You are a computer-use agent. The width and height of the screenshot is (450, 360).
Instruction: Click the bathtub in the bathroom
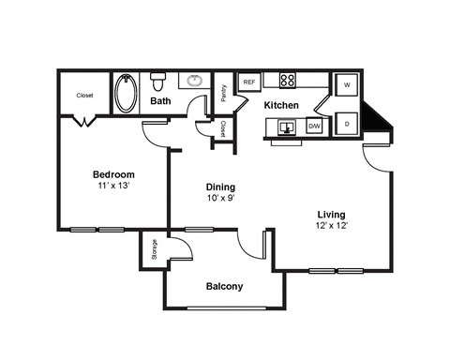[x=126, y=93]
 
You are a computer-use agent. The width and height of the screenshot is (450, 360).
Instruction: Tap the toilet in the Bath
[x=158, y=82]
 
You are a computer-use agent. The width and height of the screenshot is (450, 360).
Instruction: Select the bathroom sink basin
[x=195, y=81]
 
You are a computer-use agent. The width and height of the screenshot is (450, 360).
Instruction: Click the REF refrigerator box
[x=249, y=82]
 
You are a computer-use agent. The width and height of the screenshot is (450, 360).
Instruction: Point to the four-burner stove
[x=288, y=80]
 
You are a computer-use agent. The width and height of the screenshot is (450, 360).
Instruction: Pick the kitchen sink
[x=287, y=127]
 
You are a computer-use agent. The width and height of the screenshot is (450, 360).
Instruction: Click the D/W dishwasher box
[x=314, y=126]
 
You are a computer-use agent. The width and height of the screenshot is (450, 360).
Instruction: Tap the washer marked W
[x=347, y=84]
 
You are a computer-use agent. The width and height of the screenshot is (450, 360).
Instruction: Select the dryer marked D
[x=347, y=124]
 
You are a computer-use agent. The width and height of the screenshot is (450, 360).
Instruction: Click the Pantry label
[x=224, y=93]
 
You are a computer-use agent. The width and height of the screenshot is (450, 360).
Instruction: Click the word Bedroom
[x=113, y=174]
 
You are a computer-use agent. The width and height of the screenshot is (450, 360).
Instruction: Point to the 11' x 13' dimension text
[x=113, y=186]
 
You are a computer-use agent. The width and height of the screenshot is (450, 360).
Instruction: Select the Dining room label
[x=220, y=187]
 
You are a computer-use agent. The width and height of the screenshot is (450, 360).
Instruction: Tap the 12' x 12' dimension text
[x=332, y=225]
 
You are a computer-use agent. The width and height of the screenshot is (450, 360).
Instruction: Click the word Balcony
[x=224, y=286]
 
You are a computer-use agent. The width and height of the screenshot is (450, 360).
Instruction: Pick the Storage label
[x=154, y=249]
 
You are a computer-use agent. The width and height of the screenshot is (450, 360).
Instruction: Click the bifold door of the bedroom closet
[x=84, y=121]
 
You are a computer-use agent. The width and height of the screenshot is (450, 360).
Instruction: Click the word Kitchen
[x=281, y=105]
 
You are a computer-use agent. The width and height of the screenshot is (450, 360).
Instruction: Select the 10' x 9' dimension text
[x=220, y=198]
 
